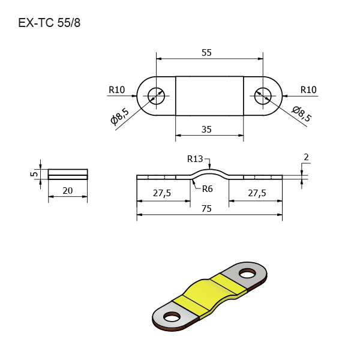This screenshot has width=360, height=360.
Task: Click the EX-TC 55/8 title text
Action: tap(49, 23)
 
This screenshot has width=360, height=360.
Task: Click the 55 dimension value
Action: tap(206, 53)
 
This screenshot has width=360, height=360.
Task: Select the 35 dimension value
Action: tap(206, 130)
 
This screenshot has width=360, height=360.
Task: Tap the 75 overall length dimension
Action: tap(206, 209)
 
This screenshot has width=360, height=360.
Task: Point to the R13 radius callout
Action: tap(195, 159)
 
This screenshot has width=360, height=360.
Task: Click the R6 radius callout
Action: tap(208, 189)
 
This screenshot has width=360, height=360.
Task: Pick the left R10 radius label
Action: tap(116, 90)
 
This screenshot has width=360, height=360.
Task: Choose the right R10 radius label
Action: tap(308, 90)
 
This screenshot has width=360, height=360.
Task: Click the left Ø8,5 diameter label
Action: tap(120, 116)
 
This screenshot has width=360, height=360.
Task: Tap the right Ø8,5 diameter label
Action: tap(302, 113)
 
